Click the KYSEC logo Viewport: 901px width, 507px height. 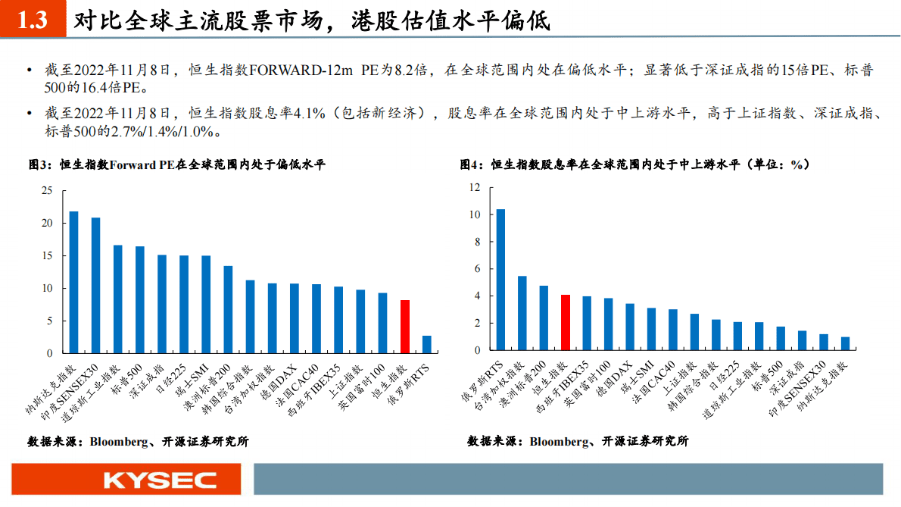160,480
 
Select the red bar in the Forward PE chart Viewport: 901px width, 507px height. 405,327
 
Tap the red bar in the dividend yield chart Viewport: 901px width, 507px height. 566,323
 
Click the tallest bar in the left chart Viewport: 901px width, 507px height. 74,282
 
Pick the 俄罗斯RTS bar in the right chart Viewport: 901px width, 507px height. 500,280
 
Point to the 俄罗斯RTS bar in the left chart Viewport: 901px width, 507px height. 427,344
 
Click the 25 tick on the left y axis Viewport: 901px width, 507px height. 47,191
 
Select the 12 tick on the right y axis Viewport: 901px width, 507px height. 475,187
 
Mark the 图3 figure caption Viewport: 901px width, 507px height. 176,164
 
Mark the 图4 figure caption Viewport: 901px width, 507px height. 634,164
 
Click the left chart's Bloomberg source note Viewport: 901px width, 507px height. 138,441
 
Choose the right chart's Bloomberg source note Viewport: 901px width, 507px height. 578,441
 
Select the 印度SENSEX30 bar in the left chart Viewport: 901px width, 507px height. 96,285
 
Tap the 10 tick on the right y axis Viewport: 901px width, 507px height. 475,214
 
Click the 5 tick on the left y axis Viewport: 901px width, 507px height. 50,321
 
